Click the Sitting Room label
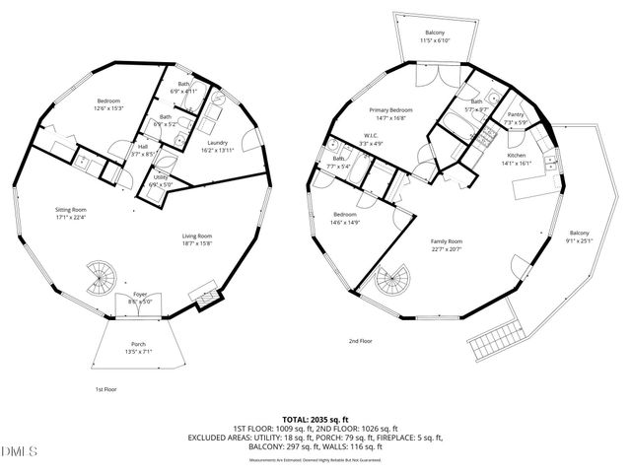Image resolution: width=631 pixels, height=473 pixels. point(72,209)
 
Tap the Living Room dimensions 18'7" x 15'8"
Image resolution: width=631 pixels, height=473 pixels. point(198,243)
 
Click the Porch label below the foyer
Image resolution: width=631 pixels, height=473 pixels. point(139,344)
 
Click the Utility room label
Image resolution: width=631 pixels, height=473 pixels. point(160,178)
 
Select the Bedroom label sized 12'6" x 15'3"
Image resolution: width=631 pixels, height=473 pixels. point(108,101)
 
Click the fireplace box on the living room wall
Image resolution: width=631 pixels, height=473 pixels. point(208,298)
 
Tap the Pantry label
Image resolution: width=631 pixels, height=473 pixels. point(516,114)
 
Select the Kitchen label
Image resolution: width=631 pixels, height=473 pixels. point(517,156)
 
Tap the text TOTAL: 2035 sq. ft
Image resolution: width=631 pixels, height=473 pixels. point(315,419)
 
